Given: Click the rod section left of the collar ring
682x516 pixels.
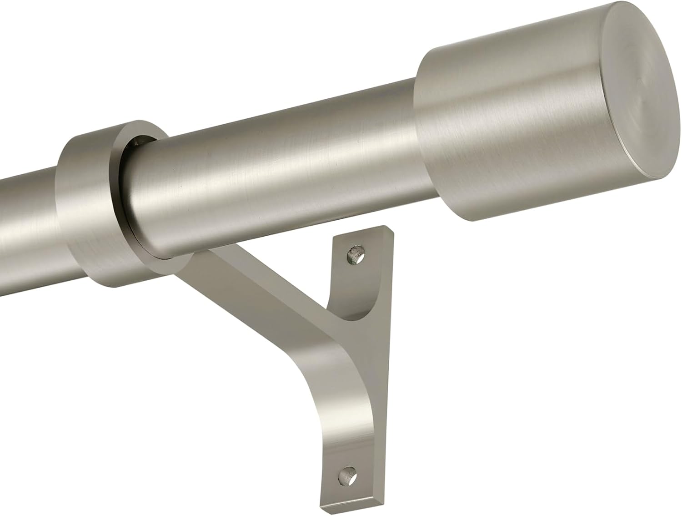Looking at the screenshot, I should pyautogui.click(x=27, y=214).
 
